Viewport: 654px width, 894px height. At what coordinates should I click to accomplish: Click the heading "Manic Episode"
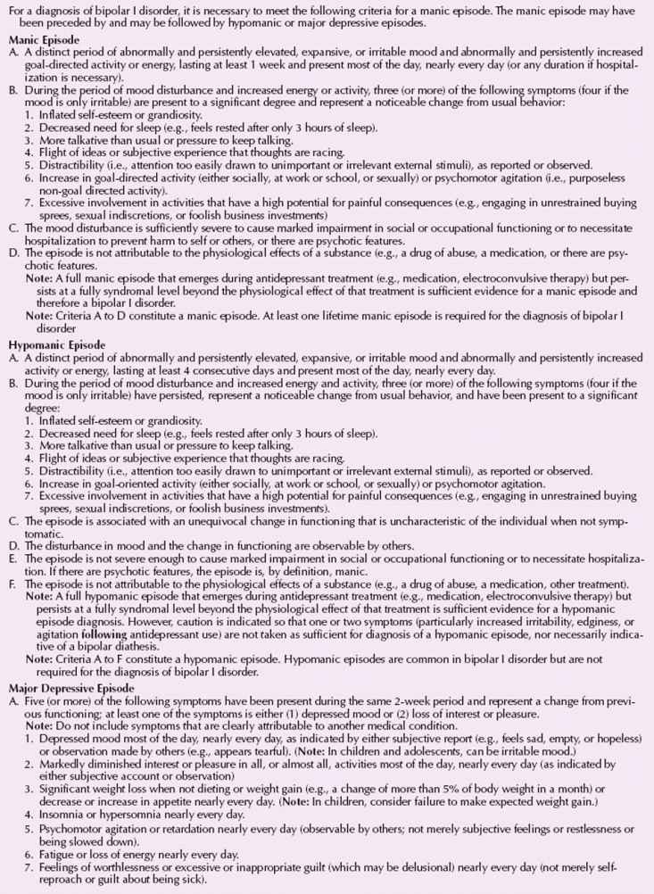pos(44,40)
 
